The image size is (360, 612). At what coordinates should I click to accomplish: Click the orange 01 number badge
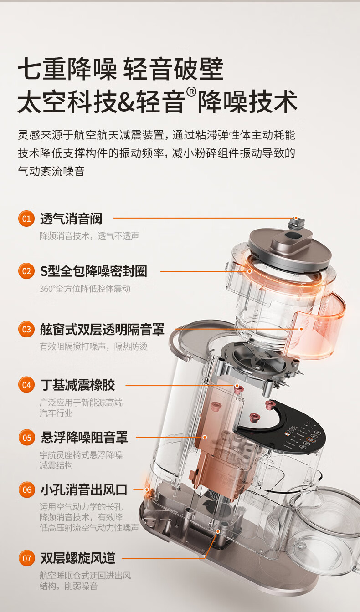(x=26, y=219)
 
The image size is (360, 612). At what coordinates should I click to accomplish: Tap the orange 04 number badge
(x=26, y=385)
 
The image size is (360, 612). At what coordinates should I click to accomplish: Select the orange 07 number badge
(x=26, y=558)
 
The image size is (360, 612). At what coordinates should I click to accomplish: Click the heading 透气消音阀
(x=71, y=219)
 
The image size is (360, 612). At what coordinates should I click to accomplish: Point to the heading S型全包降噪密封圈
(x=93, y=271)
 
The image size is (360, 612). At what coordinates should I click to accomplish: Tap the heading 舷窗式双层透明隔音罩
(x=102, y=329)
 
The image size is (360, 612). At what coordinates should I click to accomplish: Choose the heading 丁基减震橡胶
(x=77, y=385)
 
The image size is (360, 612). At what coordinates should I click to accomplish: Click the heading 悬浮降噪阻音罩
(x=84, y=438)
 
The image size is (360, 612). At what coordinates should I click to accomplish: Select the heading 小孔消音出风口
(x=84, y=490)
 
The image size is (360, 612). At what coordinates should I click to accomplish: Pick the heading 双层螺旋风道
(x=78, y=558)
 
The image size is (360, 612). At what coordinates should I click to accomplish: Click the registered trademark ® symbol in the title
(x=191, y=92)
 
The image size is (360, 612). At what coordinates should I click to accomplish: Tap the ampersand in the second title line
(x=125, y=102)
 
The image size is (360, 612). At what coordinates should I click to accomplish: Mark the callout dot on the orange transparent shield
(x=301, y=329)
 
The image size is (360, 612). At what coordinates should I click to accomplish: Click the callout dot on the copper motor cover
(x=205, y=437)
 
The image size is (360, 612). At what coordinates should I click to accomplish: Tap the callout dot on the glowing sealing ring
(x=250, y=271)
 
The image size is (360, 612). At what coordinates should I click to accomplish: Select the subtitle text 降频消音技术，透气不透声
(x=89, y=235)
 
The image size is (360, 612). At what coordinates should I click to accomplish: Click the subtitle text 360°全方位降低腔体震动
(x=85, y=289)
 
